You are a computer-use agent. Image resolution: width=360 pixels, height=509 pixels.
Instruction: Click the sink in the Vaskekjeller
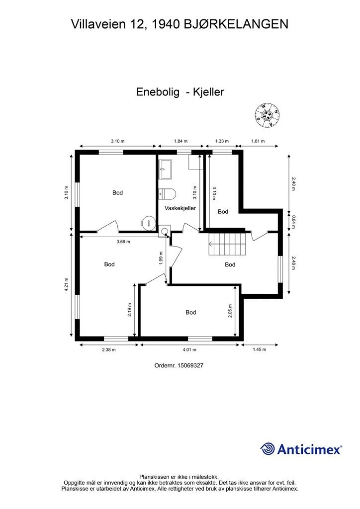pyautogui.click(x=165, y=170)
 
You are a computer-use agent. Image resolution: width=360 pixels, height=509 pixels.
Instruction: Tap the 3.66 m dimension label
pyautogui.click(x=123, y=242)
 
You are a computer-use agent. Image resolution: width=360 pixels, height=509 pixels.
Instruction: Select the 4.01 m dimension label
pyautogui.click(x=190, y=349)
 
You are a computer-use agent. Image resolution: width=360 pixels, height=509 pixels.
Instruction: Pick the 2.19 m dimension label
pyautogui.click(x=129, y=310)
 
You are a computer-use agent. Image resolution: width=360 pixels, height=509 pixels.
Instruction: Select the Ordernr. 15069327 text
pyautogui.click(x=180, y=365)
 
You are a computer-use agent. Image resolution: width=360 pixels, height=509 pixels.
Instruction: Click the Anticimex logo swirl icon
pyautogui.click(x=268, y=449)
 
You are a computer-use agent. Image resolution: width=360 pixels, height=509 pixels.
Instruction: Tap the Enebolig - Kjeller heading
pyautogui.click(x=180, y=92)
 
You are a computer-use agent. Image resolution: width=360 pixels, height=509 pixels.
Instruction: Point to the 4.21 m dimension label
pyautogui.click(x=67, y=285)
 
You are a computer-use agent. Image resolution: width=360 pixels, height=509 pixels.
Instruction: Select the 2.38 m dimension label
pyautogui.click(x=108, y=349)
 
